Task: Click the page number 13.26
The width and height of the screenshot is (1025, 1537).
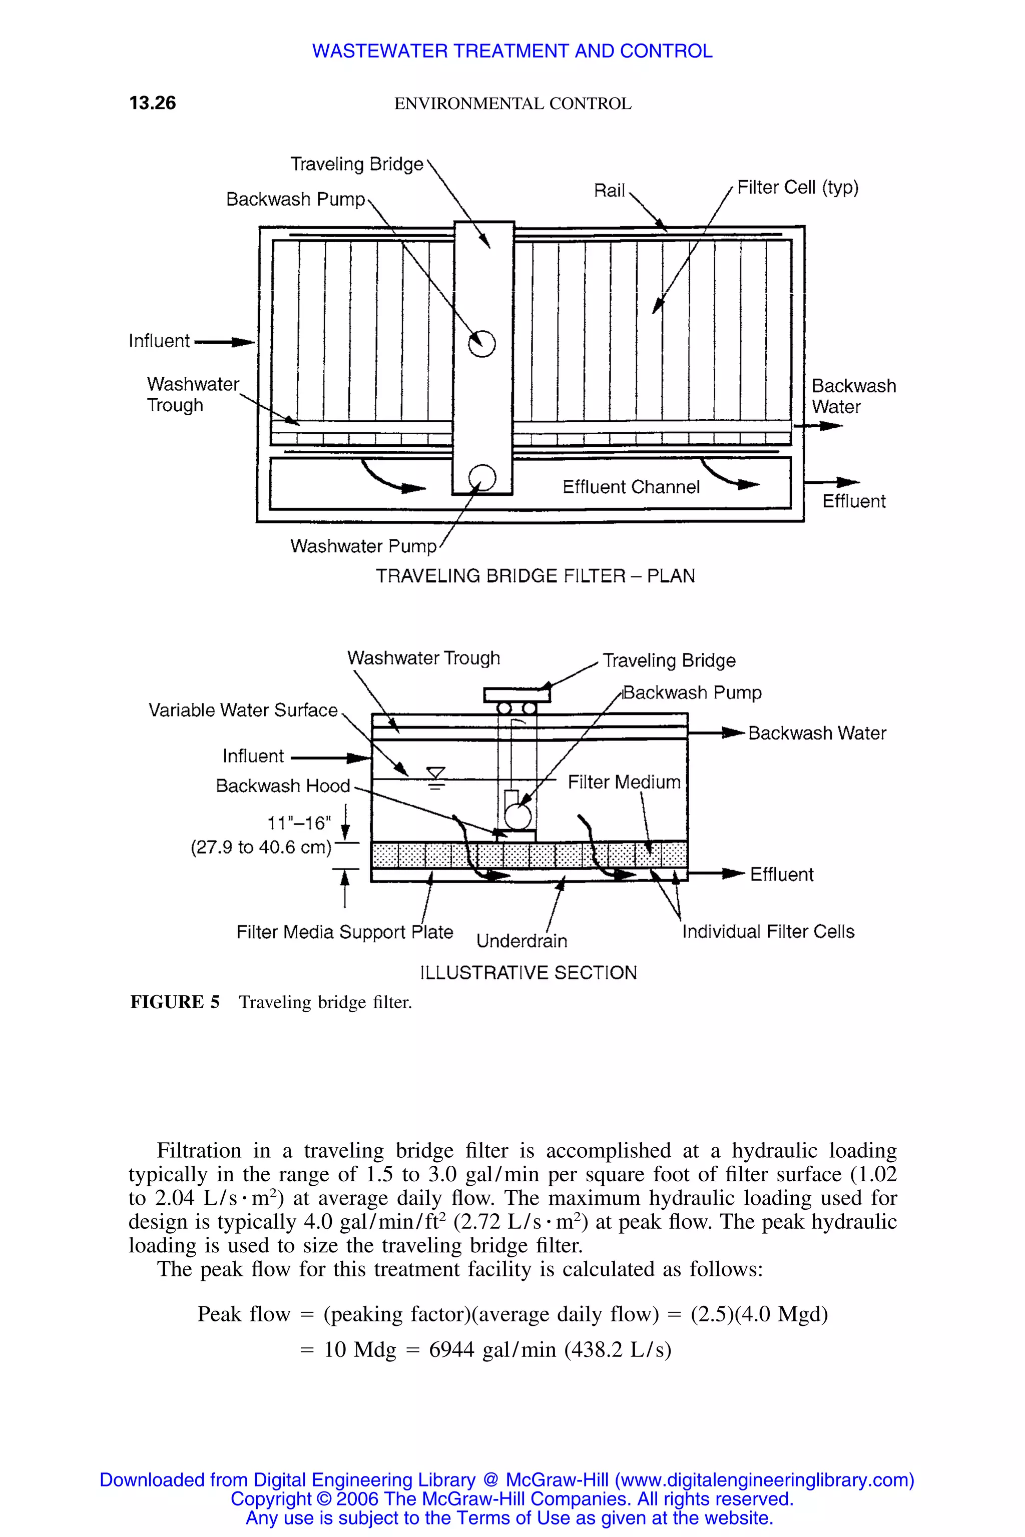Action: [152, 103]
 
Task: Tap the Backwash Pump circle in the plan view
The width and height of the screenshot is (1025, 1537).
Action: [482, 343]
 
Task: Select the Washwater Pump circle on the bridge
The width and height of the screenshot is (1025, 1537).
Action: [482, 478]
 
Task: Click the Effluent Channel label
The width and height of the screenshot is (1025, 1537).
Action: [630, 487]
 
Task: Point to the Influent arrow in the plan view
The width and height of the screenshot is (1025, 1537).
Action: [224, 342]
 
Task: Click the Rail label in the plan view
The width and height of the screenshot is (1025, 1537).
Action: [609, 191]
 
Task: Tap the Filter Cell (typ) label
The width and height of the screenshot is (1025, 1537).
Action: [797, 188]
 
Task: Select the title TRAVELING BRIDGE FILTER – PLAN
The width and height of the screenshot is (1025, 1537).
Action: [535, 576]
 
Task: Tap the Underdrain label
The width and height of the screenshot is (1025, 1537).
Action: [521, 941]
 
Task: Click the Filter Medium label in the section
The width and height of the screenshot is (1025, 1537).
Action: [624, 782]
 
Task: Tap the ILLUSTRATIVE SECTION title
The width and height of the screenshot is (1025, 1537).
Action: [528, 973]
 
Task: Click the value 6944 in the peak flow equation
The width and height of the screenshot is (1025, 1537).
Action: [451, 1349]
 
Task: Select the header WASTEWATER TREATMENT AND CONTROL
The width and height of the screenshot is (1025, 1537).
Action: [512, 51]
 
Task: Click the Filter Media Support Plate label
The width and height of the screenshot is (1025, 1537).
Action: [344, 932]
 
